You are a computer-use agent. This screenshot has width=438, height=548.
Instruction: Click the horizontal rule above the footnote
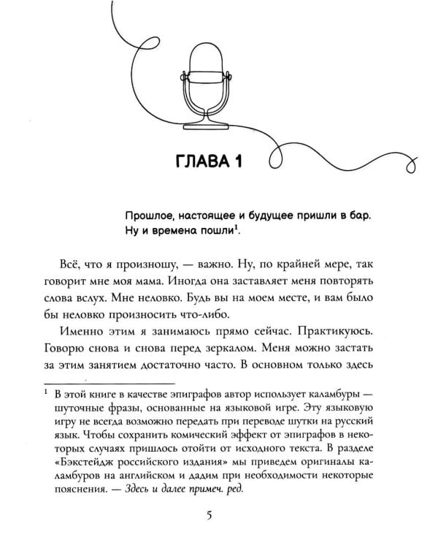(x=109, y=383)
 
